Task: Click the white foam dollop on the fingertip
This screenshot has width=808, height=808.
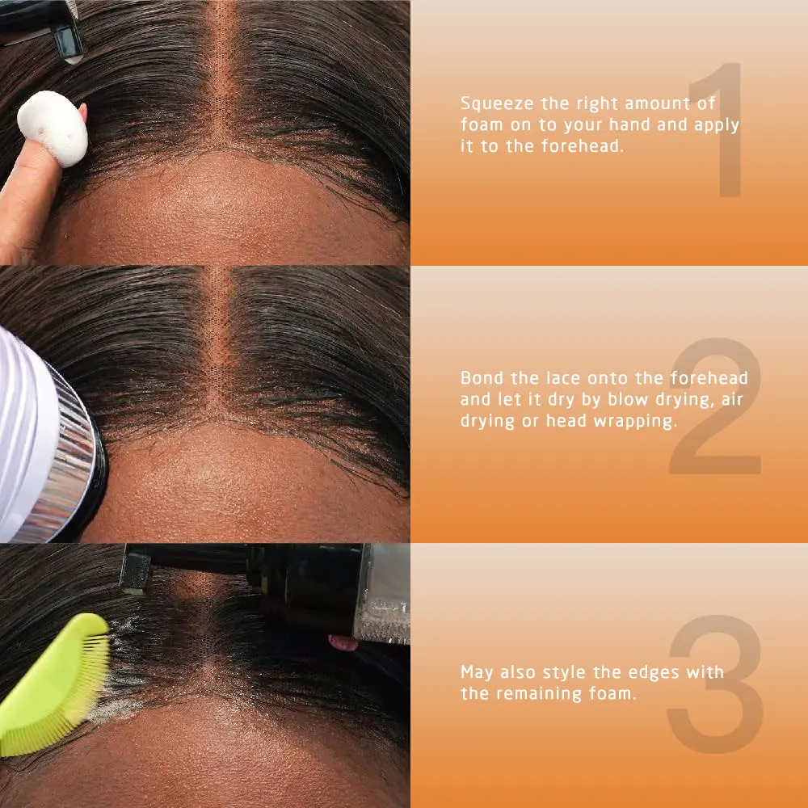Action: (52, 128)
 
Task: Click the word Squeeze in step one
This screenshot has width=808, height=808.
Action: (495, 103)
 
